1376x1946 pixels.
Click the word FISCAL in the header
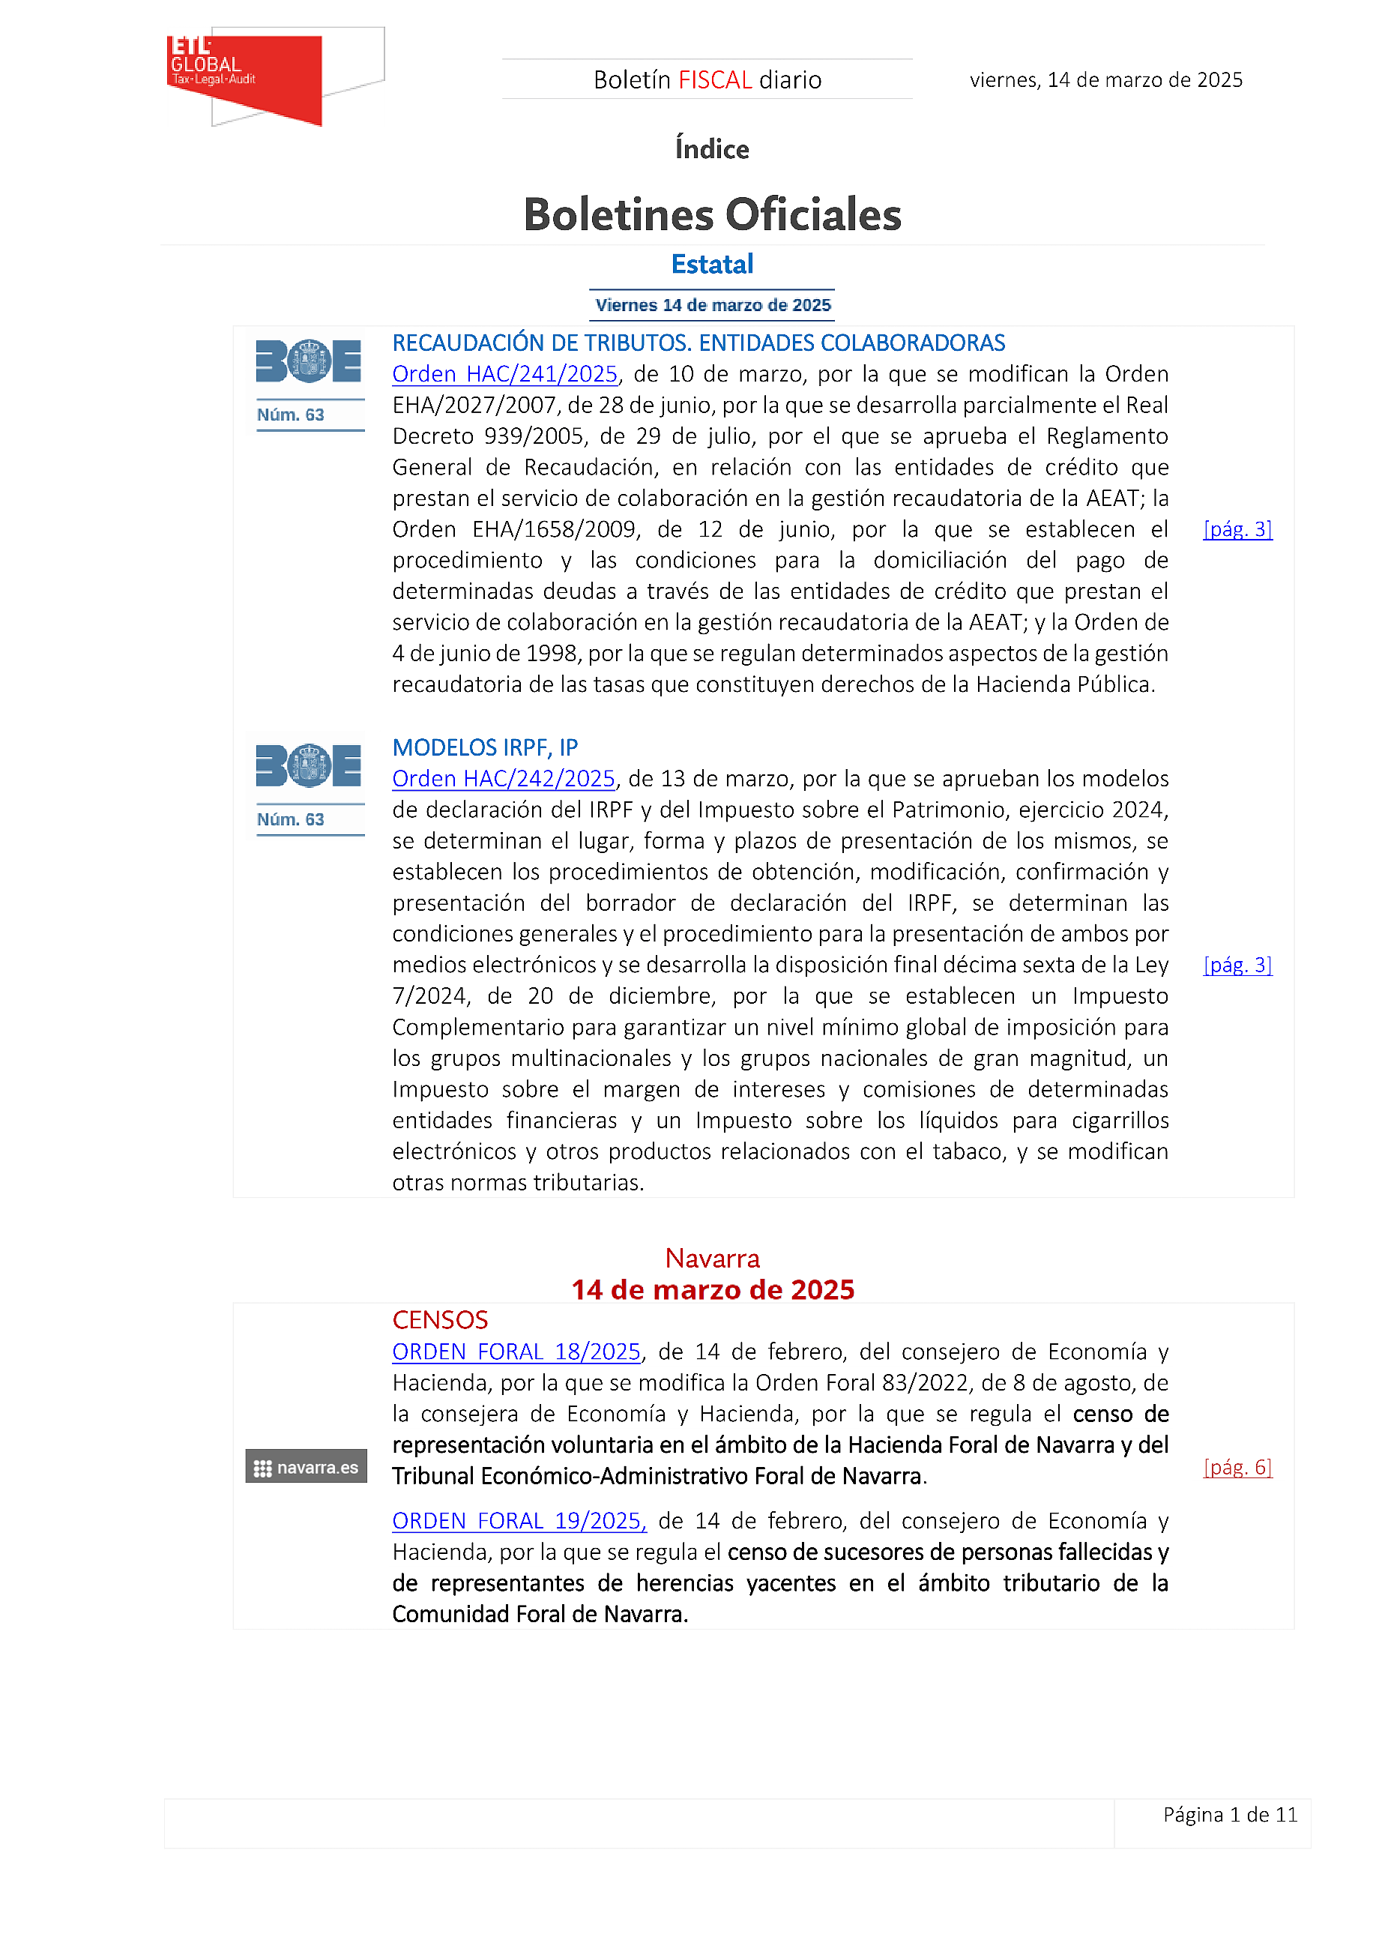pyautogui.click(x=715, y=80)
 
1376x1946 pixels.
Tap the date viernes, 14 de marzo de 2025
pyautogui.click(x=1105, y=80)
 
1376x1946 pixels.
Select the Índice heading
pyautogui.click(x=712, y=149)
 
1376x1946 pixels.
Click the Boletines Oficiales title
pyautogui.click(x=712, y=214)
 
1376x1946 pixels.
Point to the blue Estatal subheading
pyautogui.click(x=712, y=265)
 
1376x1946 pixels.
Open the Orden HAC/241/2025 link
pyautogui.click(x=505, y=375)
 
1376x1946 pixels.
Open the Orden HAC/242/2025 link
pyautogui.click(x=504, y=779)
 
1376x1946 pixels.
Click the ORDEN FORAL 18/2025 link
pyautogui.click(x=516, y=1352)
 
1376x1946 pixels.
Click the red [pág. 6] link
pyautogui.click(x=1237, y=1468)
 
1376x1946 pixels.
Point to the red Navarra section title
pyautogui.click(x=712, y=1259)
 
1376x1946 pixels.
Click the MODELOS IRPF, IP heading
pyautogui.click(x=485, y=747)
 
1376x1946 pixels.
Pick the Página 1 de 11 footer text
pyautogui.click(x=1229, y=1815)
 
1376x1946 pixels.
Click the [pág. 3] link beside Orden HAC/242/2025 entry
pyautogui.click(x=1237, y=966)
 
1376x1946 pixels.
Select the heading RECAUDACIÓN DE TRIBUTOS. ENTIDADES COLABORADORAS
pyautogui.click(x=698, y=343)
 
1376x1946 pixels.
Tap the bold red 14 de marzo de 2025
pyautogui.click(x=712, y=1290)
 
